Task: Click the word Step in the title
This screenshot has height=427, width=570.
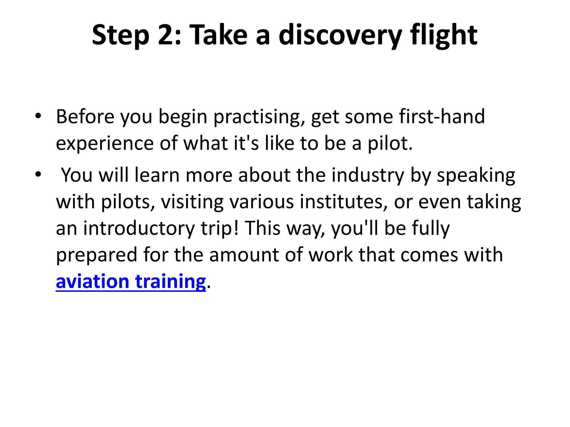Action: click(x=121, y=35)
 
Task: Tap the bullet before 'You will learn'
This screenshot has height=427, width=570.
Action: click(x=38, y=174)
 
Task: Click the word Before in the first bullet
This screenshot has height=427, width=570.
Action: click(x=85, y=116)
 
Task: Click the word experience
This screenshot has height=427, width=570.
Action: click(x=105, y=143)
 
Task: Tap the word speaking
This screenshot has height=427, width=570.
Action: click(x=476, y=175)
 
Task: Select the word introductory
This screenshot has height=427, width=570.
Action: click(x=139, y=228)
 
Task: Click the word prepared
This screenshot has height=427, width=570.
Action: click(x=97, y=255)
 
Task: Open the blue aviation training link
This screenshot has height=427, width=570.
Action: click(x=131, y=282)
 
